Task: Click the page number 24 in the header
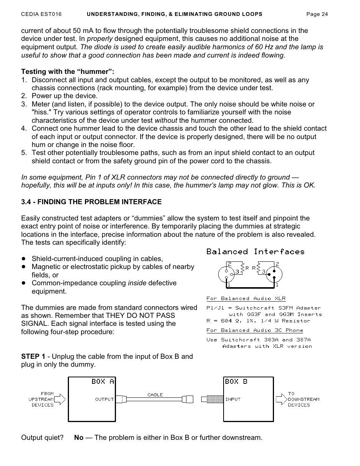[x=324, y=14]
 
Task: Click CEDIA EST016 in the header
[x=41, y=14]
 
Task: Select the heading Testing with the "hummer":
[x=67, y=72]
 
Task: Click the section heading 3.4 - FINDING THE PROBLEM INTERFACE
[x=91, y=202]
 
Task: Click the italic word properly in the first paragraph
[x=100, y=39]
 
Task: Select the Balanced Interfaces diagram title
[x=255, y=252]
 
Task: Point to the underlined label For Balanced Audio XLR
[x=246, y=299]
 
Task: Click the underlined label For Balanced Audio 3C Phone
[x=255, y=330]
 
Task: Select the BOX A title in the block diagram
[x=102, y=382]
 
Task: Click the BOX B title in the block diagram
[x=236, y=382]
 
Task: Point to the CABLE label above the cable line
[x=155, y=394]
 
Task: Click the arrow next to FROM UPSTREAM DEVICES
[x=60, y=399]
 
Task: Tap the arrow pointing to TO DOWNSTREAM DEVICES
[x=281, y=399]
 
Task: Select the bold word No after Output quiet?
[x=79, y=438]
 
